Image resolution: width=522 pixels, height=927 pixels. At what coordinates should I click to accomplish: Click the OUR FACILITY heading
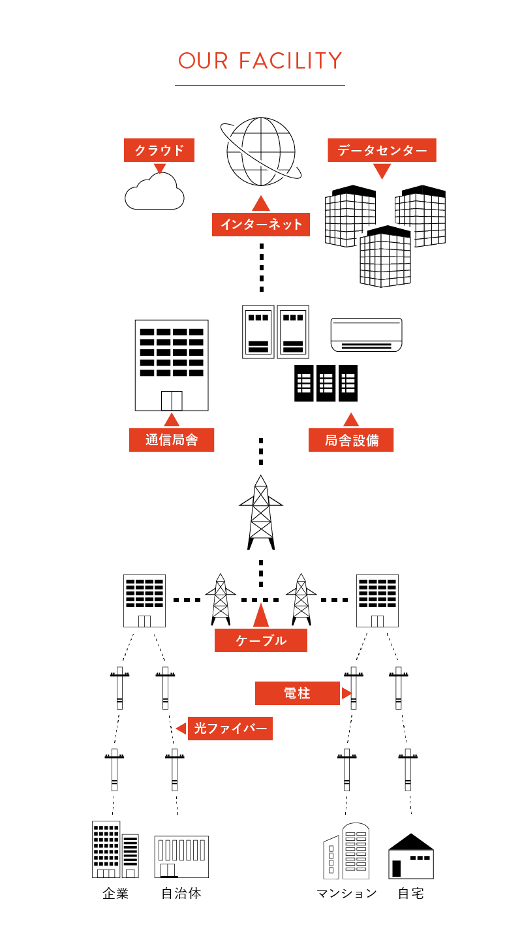[260, 61]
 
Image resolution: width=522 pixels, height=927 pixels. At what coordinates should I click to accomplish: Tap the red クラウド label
[160, 150]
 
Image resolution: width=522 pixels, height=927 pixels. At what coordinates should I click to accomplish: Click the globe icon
[261, 151]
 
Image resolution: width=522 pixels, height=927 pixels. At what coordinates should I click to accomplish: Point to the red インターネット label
[261, 225]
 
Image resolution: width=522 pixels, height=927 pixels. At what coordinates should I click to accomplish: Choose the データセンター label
[382, 150]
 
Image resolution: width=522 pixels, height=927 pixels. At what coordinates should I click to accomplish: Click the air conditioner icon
[366, 334]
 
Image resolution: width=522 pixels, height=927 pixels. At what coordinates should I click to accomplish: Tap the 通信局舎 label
[172, 440]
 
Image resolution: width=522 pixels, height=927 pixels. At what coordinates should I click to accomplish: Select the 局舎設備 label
[351, 440]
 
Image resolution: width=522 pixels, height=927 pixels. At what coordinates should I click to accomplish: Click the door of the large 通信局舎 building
[172, 400]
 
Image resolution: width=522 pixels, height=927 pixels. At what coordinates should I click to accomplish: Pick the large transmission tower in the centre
[261, 512]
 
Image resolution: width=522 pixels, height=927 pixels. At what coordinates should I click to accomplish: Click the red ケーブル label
[261, 640]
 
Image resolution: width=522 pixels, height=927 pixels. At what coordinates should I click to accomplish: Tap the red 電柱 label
[298, 693]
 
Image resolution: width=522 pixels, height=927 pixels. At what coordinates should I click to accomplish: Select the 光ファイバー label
[230, 729]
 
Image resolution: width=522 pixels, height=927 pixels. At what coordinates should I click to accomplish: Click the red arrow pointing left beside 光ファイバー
[181, 729]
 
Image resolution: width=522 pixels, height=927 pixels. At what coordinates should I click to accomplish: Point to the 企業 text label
[115, 894]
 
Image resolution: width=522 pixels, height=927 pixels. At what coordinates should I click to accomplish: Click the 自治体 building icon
[181, 856]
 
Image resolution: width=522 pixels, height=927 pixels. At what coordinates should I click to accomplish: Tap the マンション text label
[346, 894]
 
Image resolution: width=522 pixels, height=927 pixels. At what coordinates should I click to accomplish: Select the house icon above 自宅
[411, 856]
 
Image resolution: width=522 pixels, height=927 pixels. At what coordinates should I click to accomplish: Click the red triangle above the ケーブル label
[261, 616]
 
